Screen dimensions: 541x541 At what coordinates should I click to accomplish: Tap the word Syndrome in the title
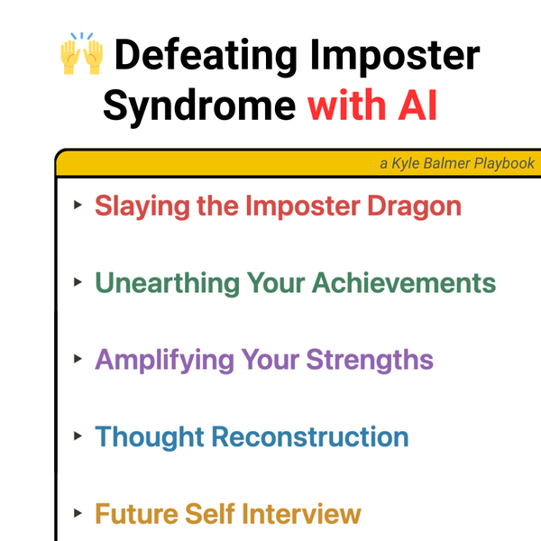pos(199,106)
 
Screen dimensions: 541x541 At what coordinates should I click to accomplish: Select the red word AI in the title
pos(417,105)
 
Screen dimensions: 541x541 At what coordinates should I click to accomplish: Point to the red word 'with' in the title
pos(346,105)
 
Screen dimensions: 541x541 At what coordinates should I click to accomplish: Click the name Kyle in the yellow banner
pos(406,163)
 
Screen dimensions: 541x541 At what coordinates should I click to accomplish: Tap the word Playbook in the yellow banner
pos(504,163)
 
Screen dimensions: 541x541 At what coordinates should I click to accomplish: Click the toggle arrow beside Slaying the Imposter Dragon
pos(78,205)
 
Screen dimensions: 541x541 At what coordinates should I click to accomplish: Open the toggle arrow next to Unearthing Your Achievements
pos(78,282)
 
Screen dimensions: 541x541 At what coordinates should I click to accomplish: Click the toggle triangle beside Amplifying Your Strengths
pos(78,359)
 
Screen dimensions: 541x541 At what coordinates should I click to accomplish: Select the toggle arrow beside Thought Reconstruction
pos(78,436)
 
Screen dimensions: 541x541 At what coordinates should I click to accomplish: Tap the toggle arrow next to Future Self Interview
pos(78,513)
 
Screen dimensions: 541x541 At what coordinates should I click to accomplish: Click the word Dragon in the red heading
pos(415,207)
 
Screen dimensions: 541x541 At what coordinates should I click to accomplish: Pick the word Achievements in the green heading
pos(404,283)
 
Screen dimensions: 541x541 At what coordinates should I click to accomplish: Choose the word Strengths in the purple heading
pos(370,361)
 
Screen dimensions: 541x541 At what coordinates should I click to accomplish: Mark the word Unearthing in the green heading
pos(168,284)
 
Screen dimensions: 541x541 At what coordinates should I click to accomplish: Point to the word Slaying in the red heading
pos(142,207)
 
